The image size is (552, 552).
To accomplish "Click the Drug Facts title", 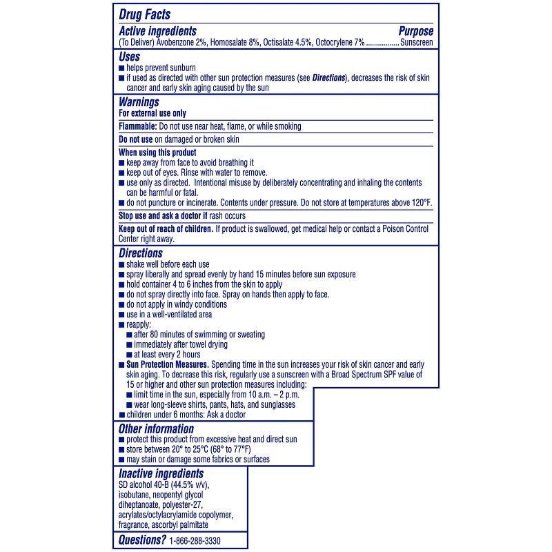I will coord(145,14).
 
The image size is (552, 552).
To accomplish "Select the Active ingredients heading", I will coord(158,31).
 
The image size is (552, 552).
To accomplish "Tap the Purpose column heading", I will coord(416,31).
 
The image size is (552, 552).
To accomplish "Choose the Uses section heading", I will coord(130,57).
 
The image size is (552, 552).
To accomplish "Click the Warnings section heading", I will coord(139,102).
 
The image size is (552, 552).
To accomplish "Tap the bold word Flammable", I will coord(137,126).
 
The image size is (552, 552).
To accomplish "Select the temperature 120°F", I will coord(419,202).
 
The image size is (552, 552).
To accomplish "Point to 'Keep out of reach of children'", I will coord(166,228).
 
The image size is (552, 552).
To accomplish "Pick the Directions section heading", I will coord(141,253).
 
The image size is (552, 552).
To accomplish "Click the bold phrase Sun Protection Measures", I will coord(168,364).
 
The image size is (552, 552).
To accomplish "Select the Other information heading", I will coord(156,428).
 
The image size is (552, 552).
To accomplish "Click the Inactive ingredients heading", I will coord(161,473).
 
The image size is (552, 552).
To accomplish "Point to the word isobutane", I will coord(137,495).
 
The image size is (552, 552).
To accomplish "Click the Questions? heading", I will coord(142,540).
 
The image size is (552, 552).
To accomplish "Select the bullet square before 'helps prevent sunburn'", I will coord(121,68).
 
